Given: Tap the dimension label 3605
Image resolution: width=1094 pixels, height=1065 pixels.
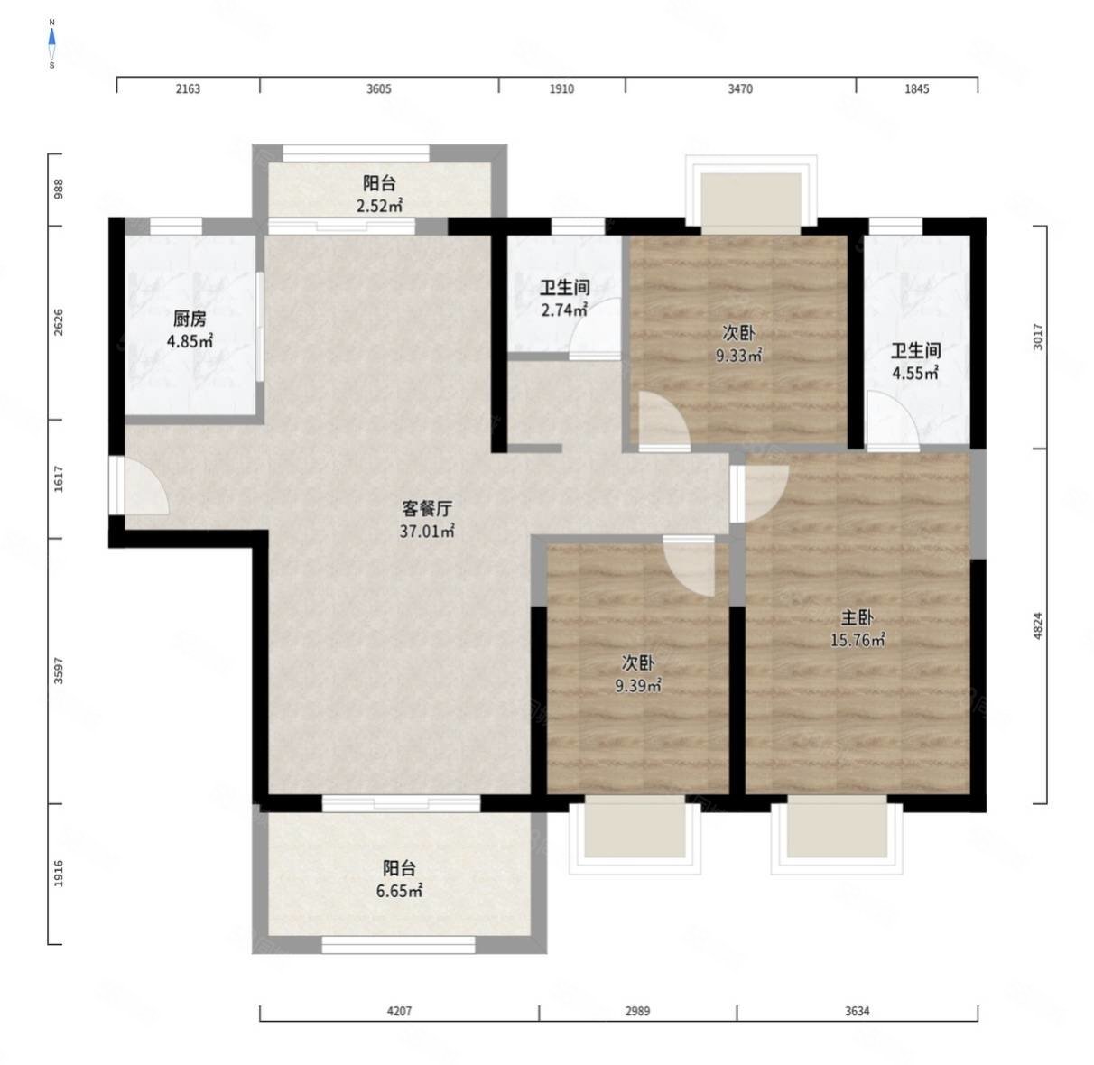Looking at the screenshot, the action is click(x=378, y=88).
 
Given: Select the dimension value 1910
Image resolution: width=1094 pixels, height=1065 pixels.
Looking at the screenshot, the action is click(x=561, y=88).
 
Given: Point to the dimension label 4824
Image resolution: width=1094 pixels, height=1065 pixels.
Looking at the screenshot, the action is click(x=1038, y=625).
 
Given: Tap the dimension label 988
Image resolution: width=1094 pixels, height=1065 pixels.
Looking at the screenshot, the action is click(x=58, y=190).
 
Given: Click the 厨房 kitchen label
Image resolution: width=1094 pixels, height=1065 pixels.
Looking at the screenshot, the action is click(x=190, y=319).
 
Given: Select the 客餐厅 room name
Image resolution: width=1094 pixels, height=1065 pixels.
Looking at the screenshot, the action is click(x=427, y=509).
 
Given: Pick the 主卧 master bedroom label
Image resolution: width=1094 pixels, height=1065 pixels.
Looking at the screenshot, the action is click(x=858, y=618).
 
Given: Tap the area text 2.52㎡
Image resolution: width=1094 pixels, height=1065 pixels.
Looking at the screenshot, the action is click(x=380, y=206).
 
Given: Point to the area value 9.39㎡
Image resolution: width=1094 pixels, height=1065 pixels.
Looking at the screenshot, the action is click(x=638, y=686).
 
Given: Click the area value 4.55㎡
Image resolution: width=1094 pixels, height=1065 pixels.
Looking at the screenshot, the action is click(x=915, y=373).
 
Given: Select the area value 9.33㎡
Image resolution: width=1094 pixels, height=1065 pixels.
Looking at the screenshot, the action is click(x=738, y=356).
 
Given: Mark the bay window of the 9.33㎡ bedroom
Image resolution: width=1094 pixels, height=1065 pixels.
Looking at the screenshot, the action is click(x=751, y=194).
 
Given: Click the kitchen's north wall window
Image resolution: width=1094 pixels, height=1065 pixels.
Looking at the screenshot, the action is click(x=175, y=226).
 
